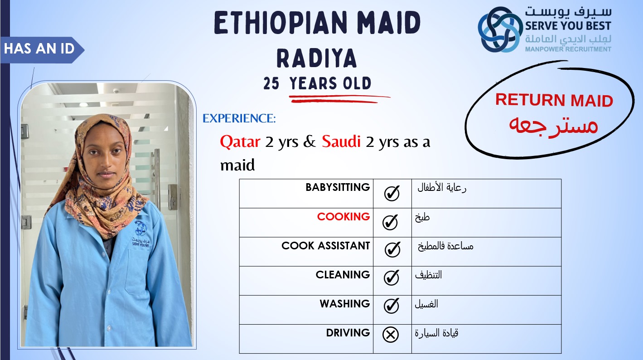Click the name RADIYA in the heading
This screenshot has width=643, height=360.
click(317, 58)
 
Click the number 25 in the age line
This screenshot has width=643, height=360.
click(271, 83)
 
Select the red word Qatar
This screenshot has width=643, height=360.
click(240, 141)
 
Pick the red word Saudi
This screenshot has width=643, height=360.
click(341, 141)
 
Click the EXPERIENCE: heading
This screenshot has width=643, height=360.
click(239, 118)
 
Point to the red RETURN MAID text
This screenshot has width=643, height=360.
click(554, 100)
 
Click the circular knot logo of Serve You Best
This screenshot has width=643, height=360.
click(500, 29)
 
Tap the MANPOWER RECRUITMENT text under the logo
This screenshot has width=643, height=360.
click(568, 49)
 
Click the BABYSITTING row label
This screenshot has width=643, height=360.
click(338, 187)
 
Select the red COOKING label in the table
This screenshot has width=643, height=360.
click(343, 216)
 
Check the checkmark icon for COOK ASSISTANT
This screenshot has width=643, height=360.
click(392, 249)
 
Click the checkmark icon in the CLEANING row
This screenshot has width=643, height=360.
click(391, 277)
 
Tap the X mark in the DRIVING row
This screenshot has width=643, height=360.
click(391, 335)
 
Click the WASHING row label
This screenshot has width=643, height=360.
click(345, 303)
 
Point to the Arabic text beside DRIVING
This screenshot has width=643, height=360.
click(436, 333)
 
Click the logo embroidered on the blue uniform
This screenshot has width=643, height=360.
click(140, 234)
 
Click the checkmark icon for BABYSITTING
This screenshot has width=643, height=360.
click(392, 193)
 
